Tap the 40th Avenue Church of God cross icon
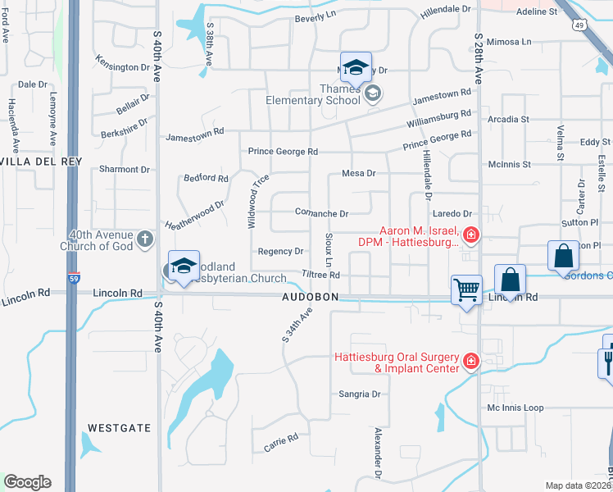tap(145, 239)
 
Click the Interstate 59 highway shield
tap(74, 278)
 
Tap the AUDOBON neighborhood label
tap(311, 297)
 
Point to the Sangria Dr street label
tap(360, 394)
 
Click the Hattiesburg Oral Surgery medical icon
tap(471, 361)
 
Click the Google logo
tap(27, 482)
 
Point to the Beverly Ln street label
tap(316, 16)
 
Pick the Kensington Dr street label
tap(123, 66)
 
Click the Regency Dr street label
tap(280, 251)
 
